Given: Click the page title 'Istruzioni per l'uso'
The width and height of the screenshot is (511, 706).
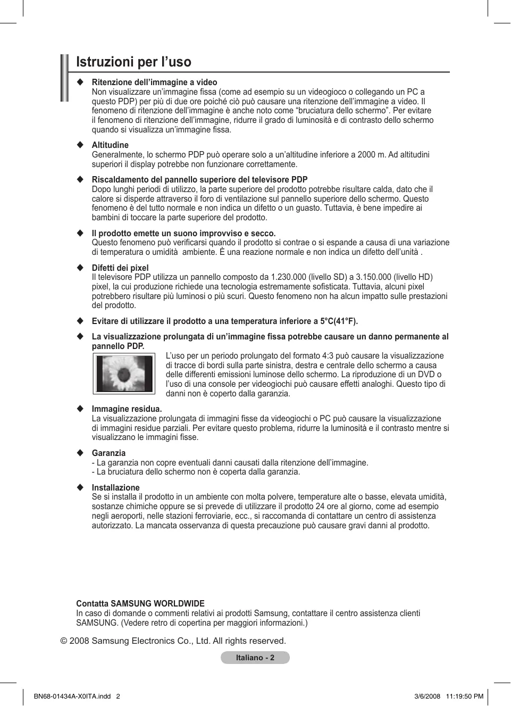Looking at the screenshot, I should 133,62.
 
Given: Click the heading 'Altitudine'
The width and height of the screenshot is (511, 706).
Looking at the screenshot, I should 110,145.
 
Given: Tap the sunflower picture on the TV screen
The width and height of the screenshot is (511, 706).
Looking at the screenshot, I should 124,373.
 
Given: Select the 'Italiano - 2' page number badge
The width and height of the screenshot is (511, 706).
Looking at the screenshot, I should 255,658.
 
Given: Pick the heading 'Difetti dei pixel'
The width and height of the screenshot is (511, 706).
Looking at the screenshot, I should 120,268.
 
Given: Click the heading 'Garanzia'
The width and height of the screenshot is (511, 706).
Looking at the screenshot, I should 108,453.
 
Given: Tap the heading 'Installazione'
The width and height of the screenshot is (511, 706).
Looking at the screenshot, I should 115,488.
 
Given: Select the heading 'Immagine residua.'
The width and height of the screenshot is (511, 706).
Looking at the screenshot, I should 127,409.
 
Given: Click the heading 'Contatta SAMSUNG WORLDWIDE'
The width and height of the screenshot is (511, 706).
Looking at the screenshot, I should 140,604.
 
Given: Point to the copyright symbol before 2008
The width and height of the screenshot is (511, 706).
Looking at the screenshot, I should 63,641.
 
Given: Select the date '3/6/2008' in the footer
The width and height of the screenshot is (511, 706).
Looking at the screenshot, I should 428,696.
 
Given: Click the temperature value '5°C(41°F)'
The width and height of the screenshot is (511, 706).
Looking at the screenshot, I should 338,321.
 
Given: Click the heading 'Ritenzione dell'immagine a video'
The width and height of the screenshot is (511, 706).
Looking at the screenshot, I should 154,82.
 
